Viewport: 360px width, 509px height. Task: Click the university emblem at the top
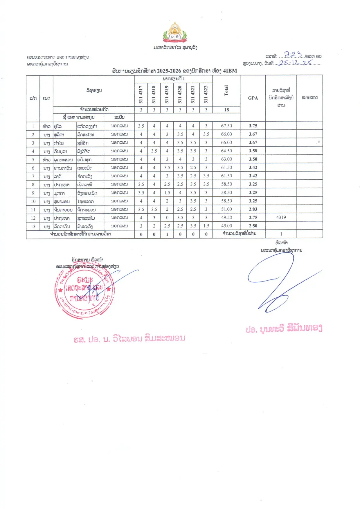pos(175,33)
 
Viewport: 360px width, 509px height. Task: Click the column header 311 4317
pos(141,94)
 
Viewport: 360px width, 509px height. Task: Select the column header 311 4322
pos(206,94)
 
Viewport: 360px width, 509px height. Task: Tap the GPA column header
pos(253,98)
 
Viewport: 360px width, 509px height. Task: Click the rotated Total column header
pos(226,91)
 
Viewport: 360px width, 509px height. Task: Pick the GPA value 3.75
pos(253,126)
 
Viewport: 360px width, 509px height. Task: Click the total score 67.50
pos(226,126)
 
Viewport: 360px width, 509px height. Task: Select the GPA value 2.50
pos(253,226)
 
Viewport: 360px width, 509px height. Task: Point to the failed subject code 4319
pos(281,217)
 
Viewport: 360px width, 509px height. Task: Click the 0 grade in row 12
pos(167,217)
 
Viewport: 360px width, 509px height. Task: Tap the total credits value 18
pos(226,110)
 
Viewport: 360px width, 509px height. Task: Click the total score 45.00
pos(226,226)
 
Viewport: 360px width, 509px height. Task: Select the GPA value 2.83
pos(253,209)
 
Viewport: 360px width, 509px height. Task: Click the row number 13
pos(33,226)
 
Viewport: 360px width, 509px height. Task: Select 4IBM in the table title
pos(230,71)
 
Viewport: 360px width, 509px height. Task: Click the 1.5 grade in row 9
pos(167,193)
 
